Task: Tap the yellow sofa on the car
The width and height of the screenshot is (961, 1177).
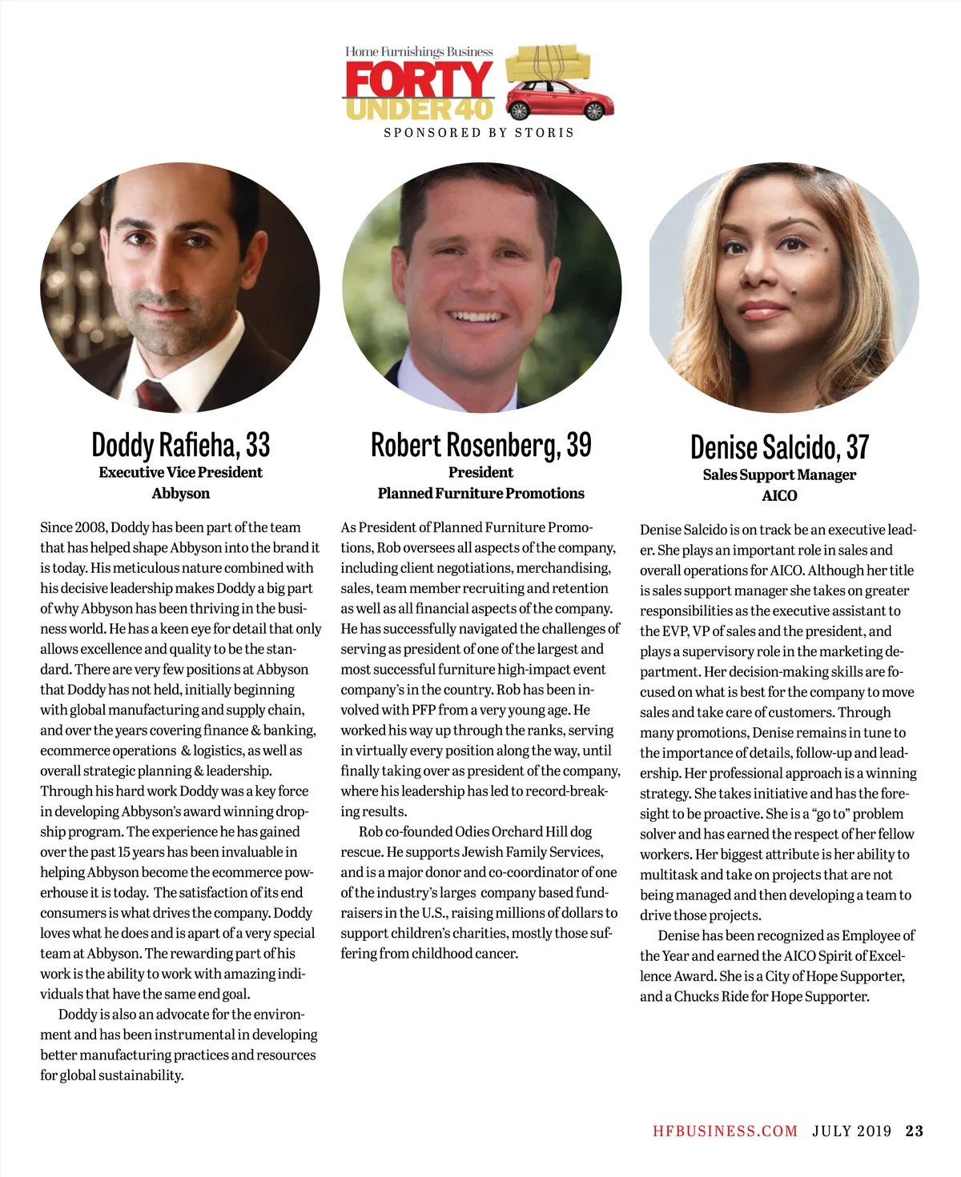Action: (549, 60)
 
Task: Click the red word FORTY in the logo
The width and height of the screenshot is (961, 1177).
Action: (418, 80)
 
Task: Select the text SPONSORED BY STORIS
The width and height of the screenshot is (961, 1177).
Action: (479, 133)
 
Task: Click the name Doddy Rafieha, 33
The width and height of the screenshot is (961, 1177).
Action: (181, 444)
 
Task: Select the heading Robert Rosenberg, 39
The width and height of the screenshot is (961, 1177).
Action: (480, 445)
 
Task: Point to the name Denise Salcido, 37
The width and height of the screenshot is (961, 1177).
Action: (779, 447)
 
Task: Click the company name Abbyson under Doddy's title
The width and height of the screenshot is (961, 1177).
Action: (181, 494)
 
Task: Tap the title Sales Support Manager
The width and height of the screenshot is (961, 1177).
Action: (779, 474)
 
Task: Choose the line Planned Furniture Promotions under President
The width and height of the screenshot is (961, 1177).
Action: (480, 494)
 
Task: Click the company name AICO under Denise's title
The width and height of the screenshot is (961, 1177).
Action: (779, 496)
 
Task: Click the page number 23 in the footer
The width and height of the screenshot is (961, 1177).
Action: (914, 1131)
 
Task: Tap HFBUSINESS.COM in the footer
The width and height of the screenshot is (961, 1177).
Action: (725, 1131)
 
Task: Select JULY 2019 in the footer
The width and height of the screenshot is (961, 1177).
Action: (851, 1131)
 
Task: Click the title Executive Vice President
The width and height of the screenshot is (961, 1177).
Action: (181, 473)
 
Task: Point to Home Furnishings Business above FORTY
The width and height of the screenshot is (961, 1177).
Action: (419, 52)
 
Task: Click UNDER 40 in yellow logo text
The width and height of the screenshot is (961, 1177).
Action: (418, 110)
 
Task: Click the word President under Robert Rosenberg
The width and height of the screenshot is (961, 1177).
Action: (480, 473)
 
